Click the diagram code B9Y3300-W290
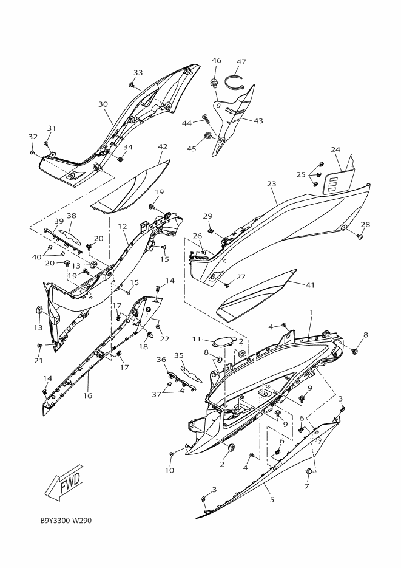tap(66, 521)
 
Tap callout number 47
tap(241, 62)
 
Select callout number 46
tap(217, 60)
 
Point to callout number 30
tap(103, 104)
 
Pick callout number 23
tap(271, 183)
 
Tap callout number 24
tap(335, 149)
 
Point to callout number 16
tap(87, 395)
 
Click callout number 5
tap(272, 499)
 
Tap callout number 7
tap(306, 487)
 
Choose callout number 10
tap(169, 470)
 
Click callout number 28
tap(365, 225)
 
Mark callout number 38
tap(72, 216)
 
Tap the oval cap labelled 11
tap(223, 341)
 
